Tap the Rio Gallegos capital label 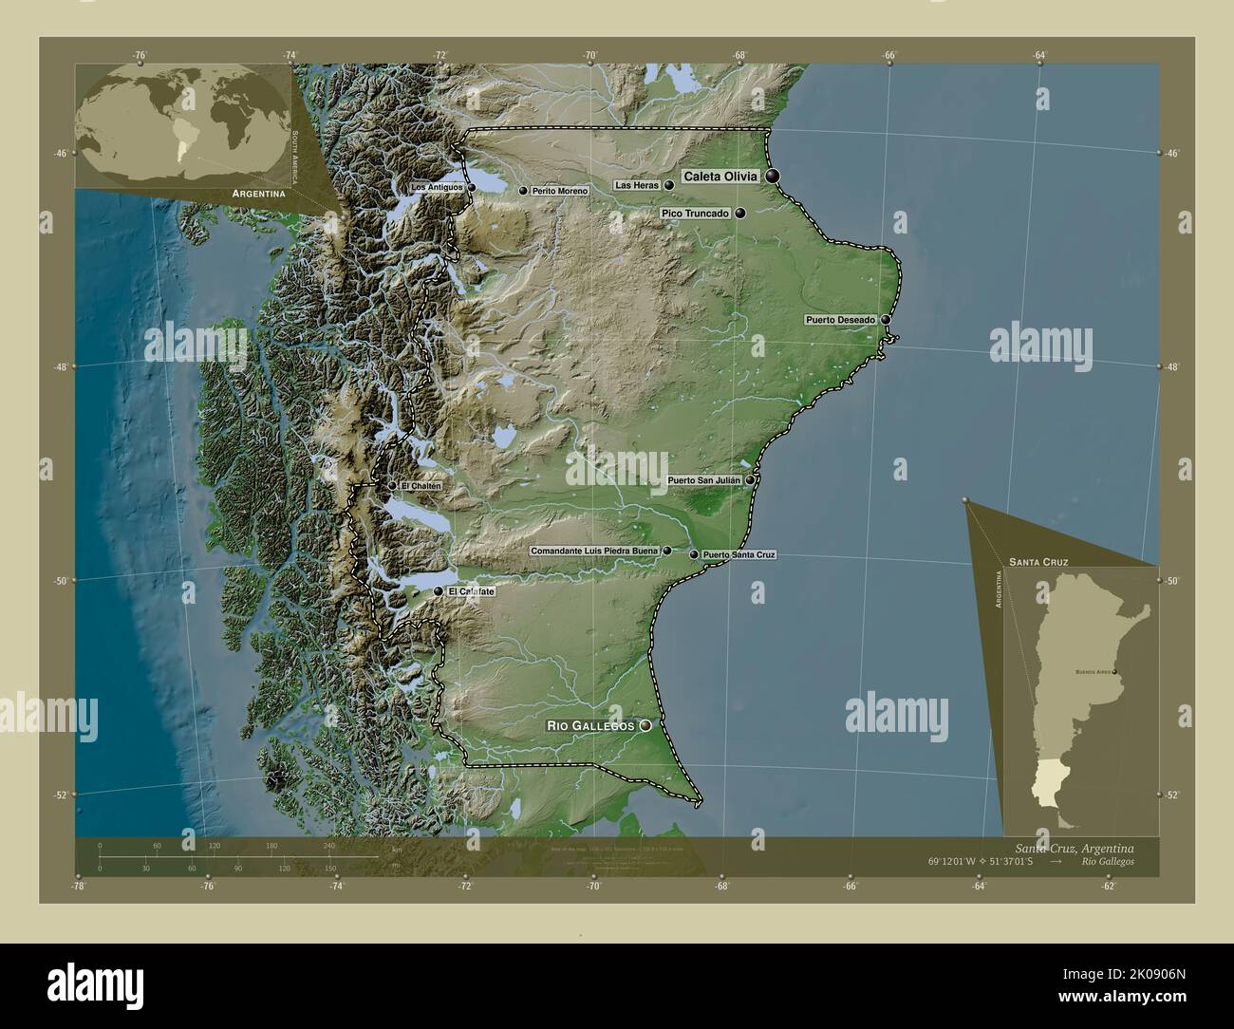point(589,726)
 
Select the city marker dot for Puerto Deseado point(885,320)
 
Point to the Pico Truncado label point(695,215)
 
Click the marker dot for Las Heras point(669,185)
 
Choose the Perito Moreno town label point(559,192)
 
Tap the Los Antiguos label point(438,188)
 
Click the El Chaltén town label point(421,487)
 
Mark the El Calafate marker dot point(438,591)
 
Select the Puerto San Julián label point(704,481)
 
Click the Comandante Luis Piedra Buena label point(593,551)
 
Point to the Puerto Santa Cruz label point(739,554)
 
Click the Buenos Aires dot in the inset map point(1114,673)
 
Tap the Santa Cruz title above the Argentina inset point(1038,562)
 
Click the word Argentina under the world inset point(252,194)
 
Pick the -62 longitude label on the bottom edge point(1108,887)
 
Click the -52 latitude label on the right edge point(1173,795)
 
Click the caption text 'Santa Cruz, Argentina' point(1073,847)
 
